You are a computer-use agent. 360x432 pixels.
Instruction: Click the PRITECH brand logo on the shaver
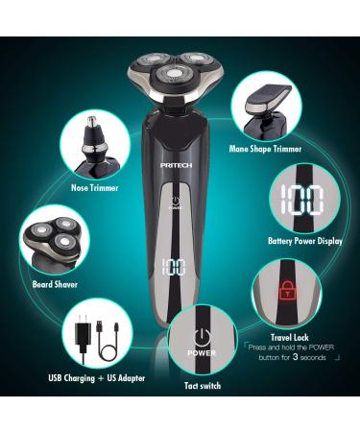(x=176, y=165)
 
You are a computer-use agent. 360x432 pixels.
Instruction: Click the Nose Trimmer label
(x=95, y=188)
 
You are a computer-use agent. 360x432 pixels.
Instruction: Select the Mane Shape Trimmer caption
(x=265, y=149)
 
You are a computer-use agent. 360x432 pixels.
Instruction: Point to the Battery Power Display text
(x=305, y=241)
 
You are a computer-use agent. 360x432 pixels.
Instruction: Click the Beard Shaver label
(x=55, y=284)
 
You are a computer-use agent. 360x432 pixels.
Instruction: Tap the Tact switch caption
(x=203, y=386)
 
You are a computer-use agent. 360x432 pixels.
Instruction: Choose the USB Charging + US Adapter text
(x=97, y=378)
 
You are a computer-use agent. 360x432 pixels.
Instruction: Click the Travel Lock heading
(x=290, y=337)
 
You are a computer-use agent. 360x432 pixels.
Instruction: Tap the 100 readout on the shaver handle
(x=174, y=267)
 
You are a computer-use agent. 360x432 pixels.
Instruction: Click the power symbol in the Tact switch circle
(x=202, y=338)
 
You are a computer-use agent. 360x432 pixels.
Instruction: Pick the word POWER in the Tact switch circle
(x=202, y=353)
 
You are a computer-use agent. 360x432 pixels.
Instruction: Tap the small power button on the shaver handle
(x=175, y=202)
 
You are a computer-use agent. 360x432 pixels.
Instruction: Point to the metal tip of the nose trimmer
(x=93, y=122)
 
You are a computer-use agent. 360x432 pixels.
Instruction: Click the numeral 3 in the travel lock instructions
(x=295, y=357)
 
